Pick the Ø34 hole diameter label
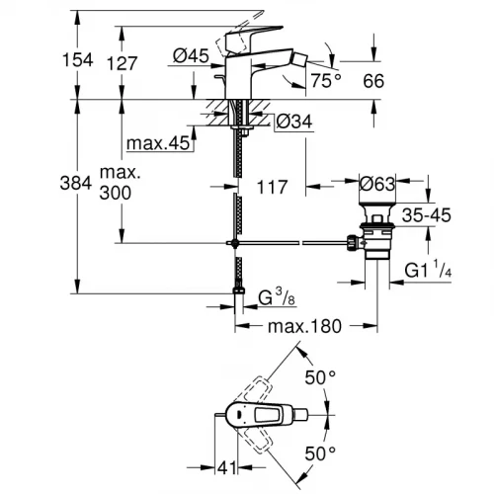click(x=293, y=123)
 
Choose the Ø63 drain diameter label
click(x=379, y=183)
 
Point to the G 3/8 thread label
click(x=275, y=296)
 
